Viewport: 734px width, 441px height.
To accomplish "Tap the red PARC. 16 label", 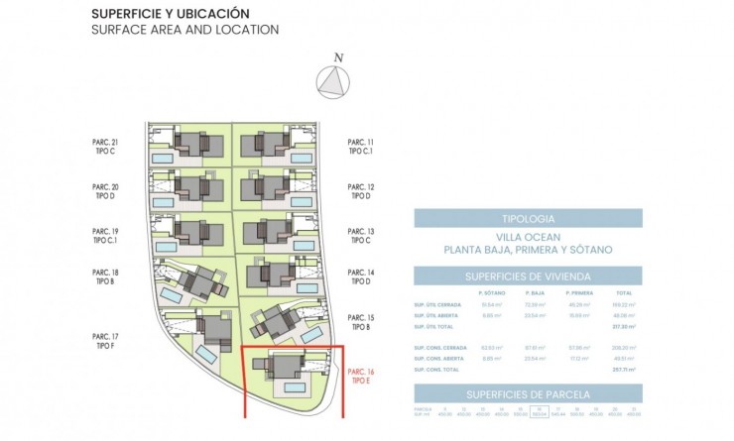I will click(x=362, y=377).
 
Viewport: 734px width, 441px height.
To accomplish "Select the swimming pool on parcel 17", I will click(x=207, y=353).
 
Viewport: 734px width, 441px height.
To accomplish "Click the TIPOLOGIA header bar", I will click(x=528, y=218).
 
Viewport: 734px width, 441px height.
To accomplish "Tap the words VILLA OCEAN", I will click(x=528, y=237).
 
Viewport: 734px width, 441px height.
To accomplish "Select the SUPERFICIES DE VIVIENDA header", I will click(x=528, y=276).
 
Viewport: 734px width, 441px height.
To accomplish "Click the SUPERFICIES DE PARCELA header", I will click(x=528, y=394).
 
